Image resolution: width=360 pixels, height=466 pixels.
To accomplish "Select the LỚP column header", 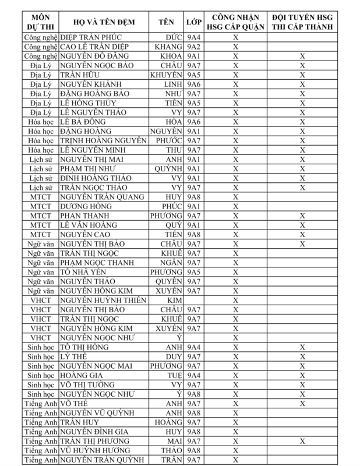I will tap(193, 22).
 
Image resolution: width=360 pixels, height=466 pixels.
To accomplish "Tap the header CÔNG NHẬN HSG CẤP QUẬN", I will tap(236, 22).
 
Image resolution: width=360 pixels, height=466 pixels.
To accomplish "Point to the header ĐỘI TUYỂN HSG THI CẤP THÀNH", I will tap(302, 22).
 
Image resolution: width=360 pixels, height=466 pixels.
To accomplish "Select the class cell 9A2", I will tap(193, 47).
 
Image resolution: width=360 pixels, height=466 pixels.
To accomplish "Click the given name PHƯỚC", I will tap(168, 140).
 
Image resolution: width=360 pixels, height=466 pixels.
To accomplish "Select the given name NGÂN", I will tap(171, 262).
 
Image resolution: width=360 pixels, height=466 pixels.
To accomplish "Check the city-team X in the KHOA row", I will tap(302, 56).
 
